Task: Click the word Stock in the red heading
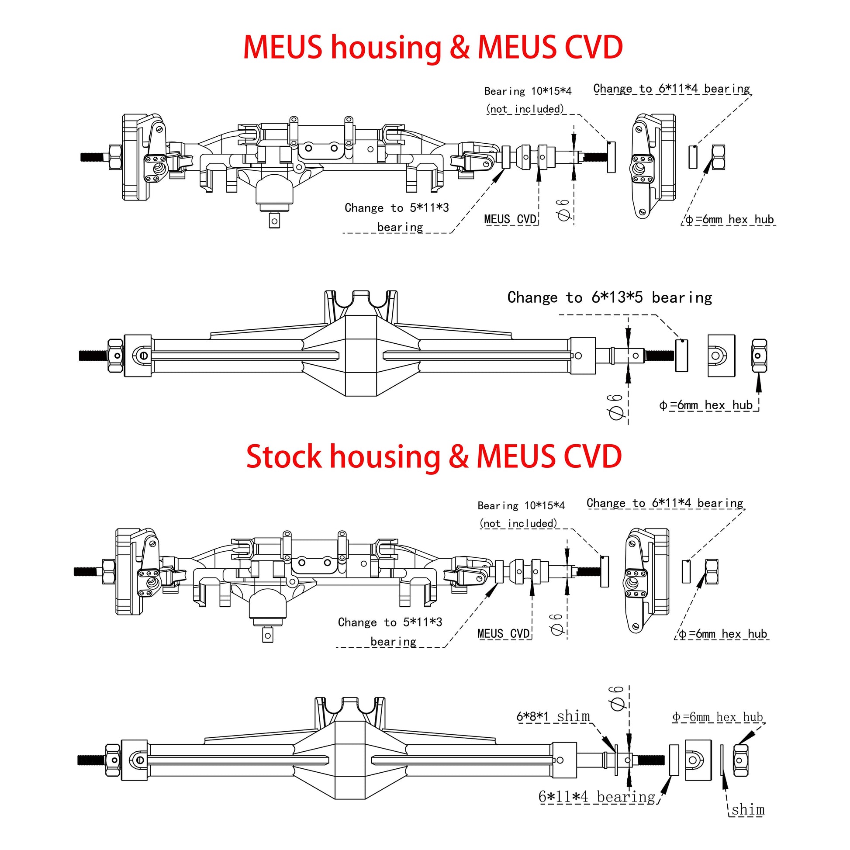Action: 283,457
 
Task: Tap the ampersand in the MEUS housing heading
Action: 460,47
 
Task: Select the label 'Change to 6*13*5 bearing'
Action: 609,298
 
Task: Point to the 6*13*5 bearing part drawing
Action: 681,356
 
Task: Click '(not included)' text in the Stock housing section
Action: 518,524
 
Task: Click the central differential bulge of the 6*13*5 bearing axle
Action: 361,356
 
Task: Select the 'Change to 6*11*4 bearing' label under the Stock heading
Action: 665,503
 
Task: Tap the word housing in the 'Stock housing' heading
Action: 385,457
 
